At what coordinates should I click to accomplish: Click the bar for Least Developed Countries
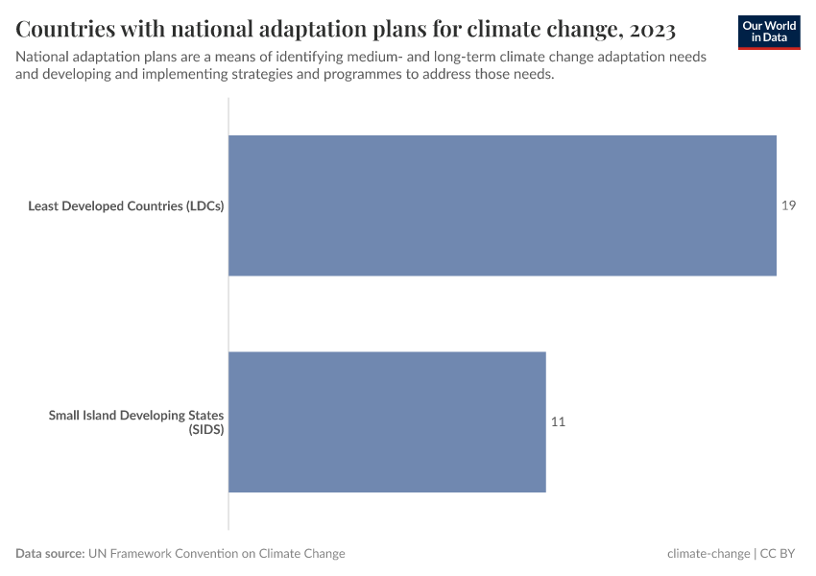pos(502,205)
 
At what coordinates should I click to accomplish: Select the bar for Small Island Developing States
pos(387,421)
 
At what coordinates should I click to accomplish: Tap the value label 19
pos(788,205)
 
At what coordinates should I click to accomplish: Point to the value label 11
pos(558,421)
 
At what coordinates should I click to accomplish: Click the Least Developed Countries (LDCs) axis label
pos(126,205)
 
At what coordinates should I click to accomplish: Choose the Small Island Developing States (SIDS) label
pos(136,422)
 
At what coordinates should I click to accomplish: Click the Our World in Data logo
pos(769,32)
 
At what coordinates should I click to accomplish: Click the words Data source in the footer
pos(50,554)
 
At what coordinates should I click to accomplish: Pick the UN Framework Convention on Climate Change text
pos(217,554)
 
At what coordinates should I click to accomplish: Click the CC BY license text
pos(780,554)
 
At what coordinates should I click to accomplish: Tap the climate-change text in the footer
pos(708,554)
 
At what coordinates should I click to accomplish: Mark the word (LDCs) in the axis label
pos(203,205)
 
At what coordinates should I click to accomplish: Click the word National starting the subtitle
pos(43,57)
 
